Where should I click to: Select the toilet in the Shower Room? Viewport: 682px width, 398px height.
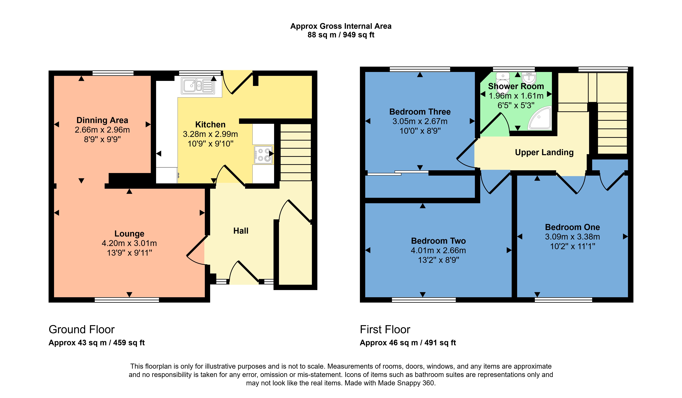click(x=503, y=81)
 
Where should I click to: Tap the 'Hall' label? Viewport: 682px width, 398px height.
click(x=241, y=231)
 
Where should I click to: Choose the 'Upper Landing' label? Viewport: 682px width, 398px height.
click(x=544, y=152)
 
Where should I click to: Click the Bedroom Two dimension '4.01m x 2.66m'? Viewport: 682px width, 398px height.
click(x=438, y=250)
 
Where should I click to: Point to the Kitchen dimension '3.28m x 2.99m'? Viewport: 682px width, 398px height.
click(x=210, y=134)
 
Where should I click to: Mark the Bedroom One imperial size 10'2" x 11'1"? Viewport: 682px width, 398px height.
click(x=572, y=246)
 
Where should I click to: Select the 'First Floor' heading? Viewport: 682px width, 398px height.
click(x=385, y=329)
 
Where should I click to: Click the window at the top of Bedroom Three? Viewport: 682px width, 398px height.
click(x=420, y=69)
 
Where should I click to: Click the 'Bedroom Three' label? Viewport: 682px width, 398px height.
click(x=420, y=112)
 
